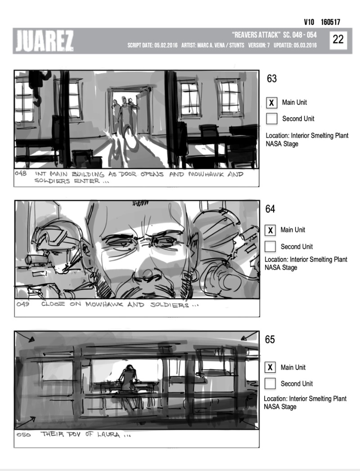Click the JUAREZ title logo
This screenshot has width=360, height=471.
pos(45,41)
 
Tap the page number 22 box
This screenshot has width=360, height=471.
pos(338,40)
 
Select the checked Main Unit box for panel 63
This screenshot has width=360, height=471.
pos(271,103)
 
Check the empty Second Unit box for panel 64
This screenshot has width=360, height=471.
pos(270,246)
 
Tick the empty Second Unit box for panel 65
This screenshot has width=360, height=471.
pos(270,384)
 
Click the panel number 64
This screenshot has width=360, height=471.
pos(270,209)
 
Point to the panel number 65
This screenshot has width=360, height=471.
pos(270,340)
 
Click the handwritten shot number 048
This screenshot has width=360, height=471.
pos(21,173)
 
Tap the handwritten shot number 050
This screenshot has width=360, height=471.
pos(23,435)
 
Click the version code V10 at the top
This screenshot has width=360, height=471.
pos(309,22)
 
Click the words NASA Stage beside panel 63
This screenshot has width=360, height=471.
pos(282,144)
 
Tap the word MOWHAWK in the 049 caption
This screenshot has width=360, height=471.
pos(104,304)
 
